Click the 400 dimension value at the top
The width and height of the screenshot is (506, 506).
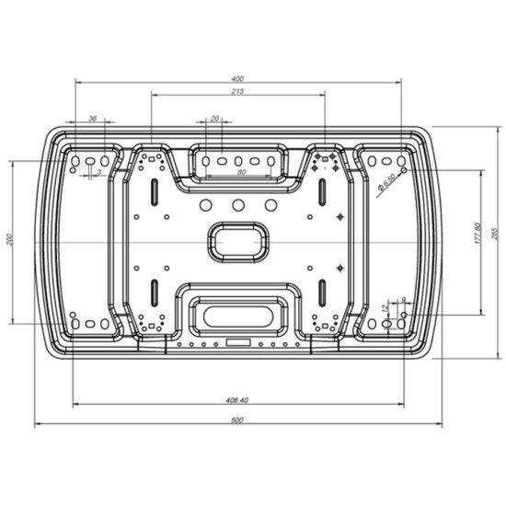pyautogui.click(x=238, y=77)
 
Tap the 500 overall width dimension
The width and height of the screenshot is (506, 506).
pyautogui.click(x=237, y=420)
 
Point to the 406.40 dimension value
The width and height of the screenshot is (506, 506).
pyautogui.click(x=237, y=399)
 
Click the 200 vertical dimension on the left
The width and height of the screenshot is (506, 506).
pyautogui.click(x=8, y=240)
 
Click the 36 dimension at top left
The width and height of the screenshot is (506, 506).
pyautogui.click(x=92, y=118)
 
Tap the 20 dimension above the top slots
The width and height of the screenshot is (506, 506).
pyautogui.click(x=215, y=118)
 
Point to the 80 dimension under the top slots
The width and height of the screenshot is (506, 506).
pyautogui.click(x=240, y=172)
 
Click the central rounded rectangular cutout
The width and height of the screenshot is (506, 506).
pyautogui.click(x=238, y=240)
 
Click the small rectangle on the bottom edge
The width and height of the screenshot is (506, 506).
pyautogui.click(x=237, y=343)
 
